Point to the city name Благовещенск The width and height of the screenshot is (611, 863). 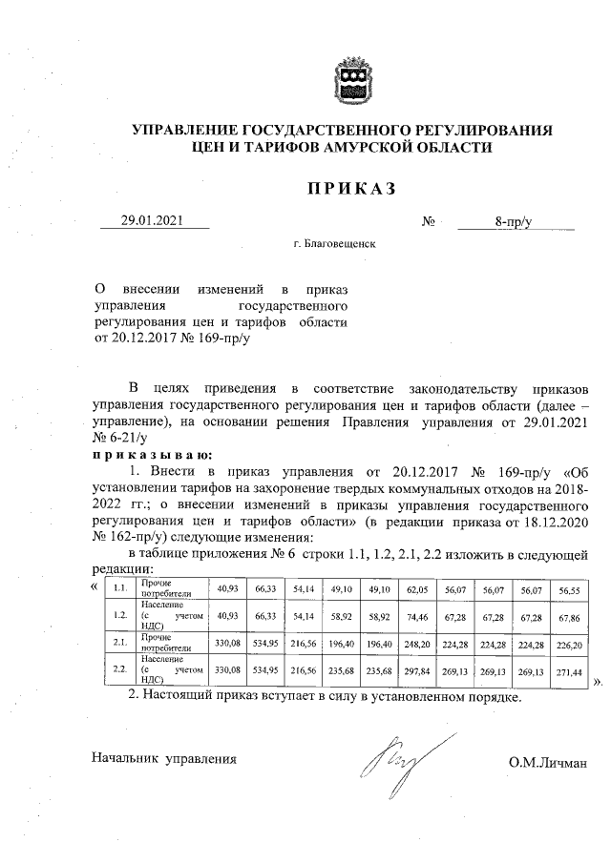tap(335, 244)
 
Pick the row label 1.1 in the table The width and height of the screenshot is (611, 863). tap(120, 588)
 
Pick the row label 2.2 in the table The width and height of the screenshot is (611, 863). tap(120, 669)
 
